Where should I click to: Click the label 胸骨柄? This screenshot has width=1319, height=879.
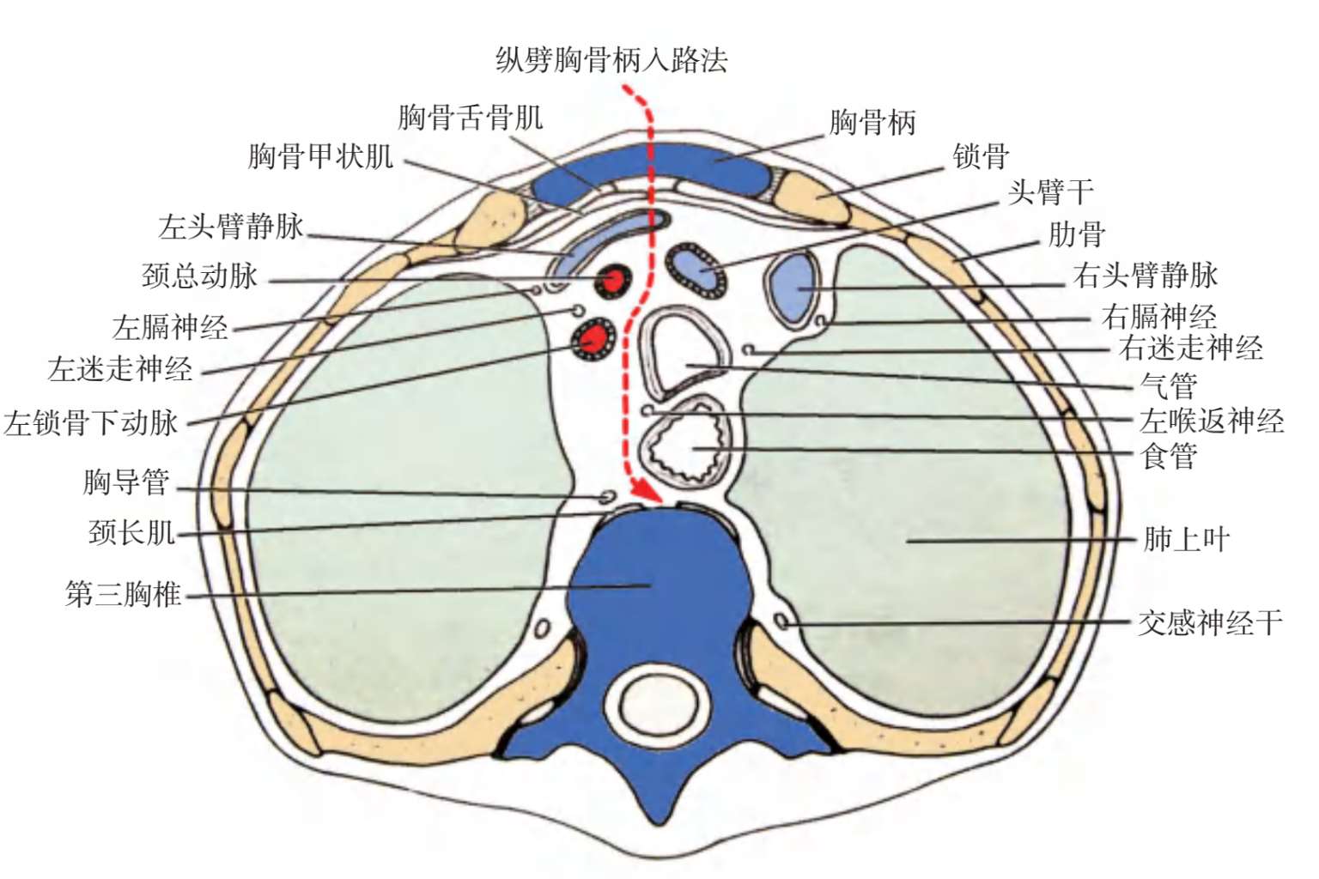pos(872,123)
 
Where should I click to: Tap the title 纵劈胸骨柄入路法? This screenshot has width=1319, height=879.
pos(611,59)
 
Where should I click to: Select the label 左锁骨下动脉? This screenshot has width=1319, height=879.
pos(91,422)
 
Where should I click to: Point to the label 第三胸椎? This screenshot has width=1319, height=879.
pos(124,594)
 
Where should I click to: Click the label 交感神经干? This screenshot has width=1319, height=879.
pos(1210,622)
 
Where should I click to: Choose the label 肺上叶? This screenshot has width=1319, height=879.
pos(1186,539)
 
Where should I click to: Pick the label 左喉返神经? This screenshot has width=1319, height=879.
pos(1212,421)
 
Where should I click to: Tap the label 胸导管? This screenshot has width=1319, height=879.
pos(126,482)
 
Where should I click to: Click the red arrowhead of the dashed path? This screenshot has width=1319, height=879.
pos(648,493)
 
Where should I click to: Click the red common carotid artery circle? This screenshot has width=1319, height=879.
pos(614,280)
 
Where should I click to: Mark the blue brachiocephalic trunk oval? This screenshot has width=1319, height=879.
pos(697,270)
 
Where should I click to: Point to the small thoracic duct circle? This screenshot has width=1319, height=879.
pos(607,497)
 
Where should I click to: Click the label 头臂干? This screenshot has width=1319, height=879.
pos(1050,192)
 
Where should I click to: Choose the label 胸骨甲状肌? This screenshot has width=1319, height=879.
pos(320,157)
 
